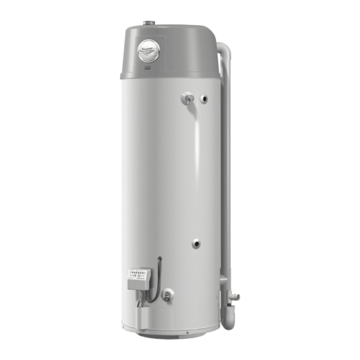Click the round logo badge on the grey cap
point(148,51)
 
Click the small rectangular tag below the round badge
point(147,66)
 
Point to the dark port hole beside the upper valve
point(204,99)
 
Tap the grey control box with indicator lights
point(138,278)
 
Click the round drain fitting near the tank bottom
point(167,296)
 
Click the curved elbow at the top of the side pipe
point(222,51)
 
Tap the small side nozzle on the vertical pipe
point(235,296)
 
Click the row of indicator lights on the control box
point(137,273)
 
